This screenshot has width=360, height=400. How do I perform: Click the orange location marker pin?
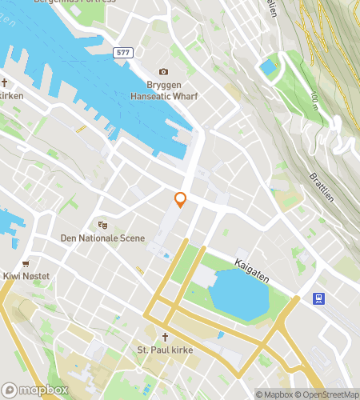coord(181,200)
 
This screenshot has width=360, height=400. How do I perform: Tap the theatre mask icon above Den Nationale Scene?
coord(102,226)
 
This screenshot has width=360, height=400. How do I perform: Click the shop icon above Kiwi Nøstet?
coord(26,263)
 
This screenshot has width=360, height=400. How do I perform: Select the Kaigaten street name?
coord(252,269)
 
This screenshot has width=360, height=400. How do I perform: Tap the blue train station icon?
coord(318,298)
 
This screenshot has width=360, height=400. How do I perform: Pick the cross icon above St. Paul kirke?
coord(166,338)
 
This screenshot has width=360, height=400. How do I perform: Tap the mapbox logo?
coord(34,390)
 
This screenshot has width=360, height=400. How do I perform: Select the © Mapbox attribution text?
coord(274,394)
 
